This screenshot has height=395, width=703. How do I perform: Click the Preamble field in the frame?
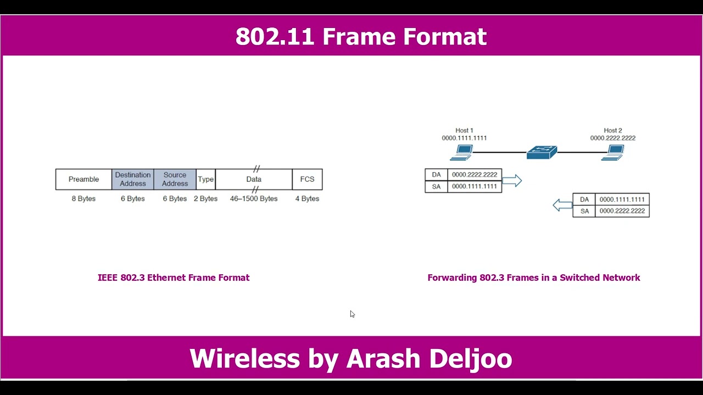pyautogui.click(x=83, y=179)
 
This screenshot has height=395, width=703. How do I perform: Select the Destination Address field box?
pyautogui.click(x=133, y=179)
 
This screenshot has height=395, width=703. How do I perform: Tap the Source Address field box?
pyautogui.click(x=175, y=179)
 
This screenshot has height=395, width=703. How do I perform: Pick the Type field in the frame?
pyautogui.click(x=205, y=179)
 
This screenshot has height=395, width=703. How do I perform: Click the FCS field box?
pyautogui.click(x=307, y=179)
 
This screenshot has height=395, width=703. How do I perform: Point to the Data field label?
pyautogui.click(x=254, y=179)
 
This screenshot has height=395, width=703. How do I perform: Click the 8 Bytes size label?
pyautogui.click(x=83, y=199)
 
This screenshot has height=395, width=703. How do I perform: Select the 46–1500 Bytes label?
pyautogui.click(x=254, y=199)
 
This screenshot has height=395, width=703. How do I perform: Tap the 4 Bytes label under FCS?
pyautogui.click(x=307, y=199)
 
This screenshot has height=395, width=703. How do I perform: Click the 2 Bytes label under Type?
pyautogui.click(x=205, y=199)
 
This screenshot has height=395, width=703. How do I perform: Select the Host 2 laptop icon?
pyautogui.click(x=613, y=152)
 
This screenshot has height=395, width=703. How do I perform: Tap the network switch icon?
pyautogui.click(x=542, y=152)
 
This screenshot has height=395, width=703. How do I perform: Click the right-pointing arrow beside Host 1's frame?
pyautogui.click(x=511, y=180)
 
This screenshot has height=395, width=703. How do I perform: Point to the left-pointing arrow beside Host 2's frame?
pyautogui.click(x=562, y=205)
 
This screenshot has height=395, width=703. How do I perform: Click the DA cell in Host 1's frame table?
pyautogui.click(x=436, y=175)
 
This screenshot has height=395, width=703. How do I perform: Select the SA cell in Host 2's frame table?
pyautogui.click(x=584, y=211)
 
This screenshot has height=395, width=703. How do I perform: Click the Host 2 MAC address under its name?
pyautogui.click(x=613, y=138)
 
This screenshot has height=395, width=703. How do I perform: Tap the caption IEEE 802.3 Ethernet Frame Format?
pyautogui.click(x=174, y=278)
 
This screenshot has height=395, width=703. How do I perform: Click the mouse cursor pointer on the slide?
pyautogui.click(x=352, y=314)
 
